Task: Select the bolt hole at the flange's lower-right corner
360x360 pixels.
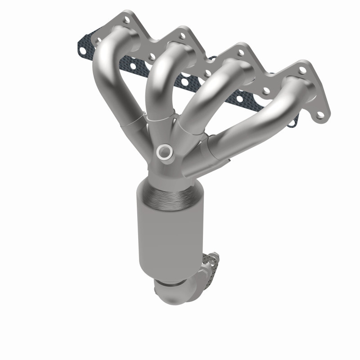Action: pyautogui.click(x=320, y=115)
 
